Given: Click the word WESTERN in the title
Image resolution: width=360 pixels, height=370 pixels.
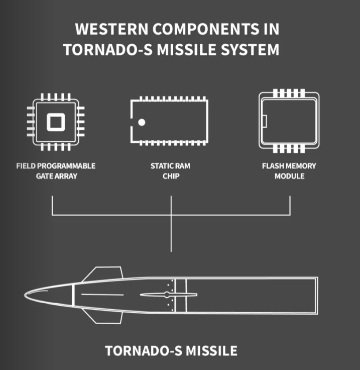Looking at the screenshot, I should point(107,29).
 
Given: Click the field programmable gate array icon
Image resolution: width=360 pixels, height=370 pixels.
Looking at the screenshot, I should point(56,122).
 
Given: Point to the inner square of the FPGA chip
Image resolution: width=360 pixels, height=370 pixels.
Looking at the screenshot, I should point(56,122).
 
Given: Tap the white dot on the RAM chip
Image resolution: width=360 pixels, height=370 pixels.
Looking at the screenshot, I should point(142,122).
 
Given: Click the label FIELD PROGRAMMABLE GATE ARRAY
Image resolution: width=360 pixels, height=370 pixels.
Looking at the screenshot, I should point(56,171).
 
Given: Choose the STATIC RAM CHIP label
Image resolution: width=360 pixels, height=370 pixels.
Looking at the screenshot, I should point(171,171).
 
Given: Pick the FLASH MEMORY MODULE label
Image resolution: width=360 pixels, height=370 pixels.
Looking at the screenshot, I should point(289,171).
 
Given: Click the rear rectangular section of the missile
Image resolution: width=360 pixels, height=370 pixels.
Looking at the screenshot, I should point(251,295).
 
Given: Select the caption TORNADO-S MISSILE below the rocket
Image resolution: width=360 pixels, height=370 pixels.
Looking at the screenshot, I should point(171,350).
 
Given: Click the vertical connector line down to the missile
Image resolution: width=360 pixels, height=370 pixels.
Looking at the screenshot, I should point(171,234).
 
